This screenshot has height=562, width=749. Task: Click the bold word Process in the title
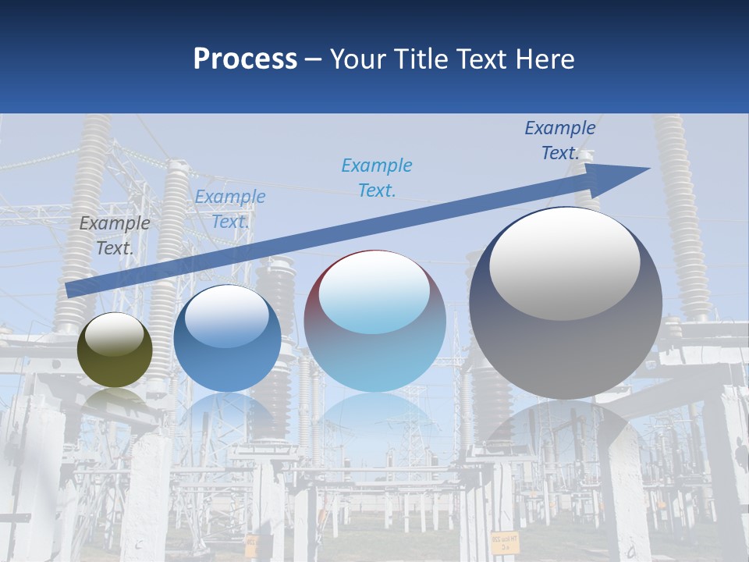(x=245, y=59)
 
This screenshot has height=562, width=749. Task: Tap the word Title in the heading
(x=421, y=59)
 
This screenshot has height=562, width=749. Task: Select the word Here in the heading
(x=545, y=59)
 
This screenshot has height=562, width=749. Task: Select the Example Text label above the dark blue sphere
(x=229, y=209)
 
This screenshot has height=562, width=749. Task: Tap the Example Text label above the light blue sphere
(x=377, y=177)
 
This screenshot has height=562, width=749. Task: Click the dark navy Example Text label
(x=559, y=140)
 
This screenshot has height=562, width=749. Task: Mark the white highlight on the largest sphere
(x=564, y=264)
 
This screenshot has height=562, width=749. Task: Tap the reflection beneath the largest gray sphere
(x=566, y=429)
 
